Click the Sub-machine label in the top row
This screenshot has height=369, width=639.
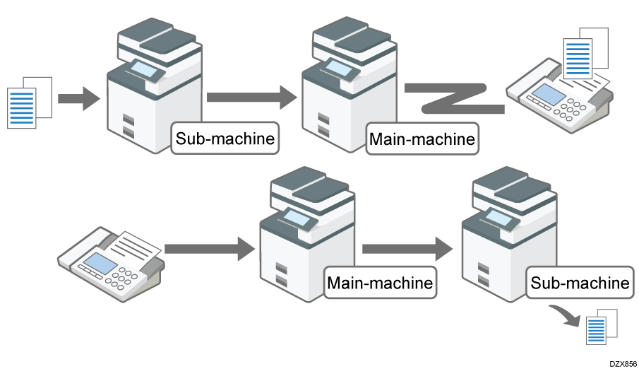click(x=225, y=138)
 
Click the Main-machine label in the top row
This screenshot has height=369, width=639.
click(x=422, y=139)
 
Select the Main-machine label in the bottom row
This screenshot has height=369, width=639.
click(x=380, y=283)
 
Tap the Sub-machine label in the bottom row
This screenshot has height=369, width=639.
click(x=580, y=283)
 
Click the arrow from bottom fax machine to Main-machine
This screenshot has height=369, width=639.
click(x=209, y=247)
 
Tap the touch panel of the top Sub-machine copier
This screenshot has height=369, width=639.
click(x=147, y=69)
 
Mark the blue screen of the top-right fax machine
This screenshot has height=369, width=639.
click(x=547, y=93)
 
